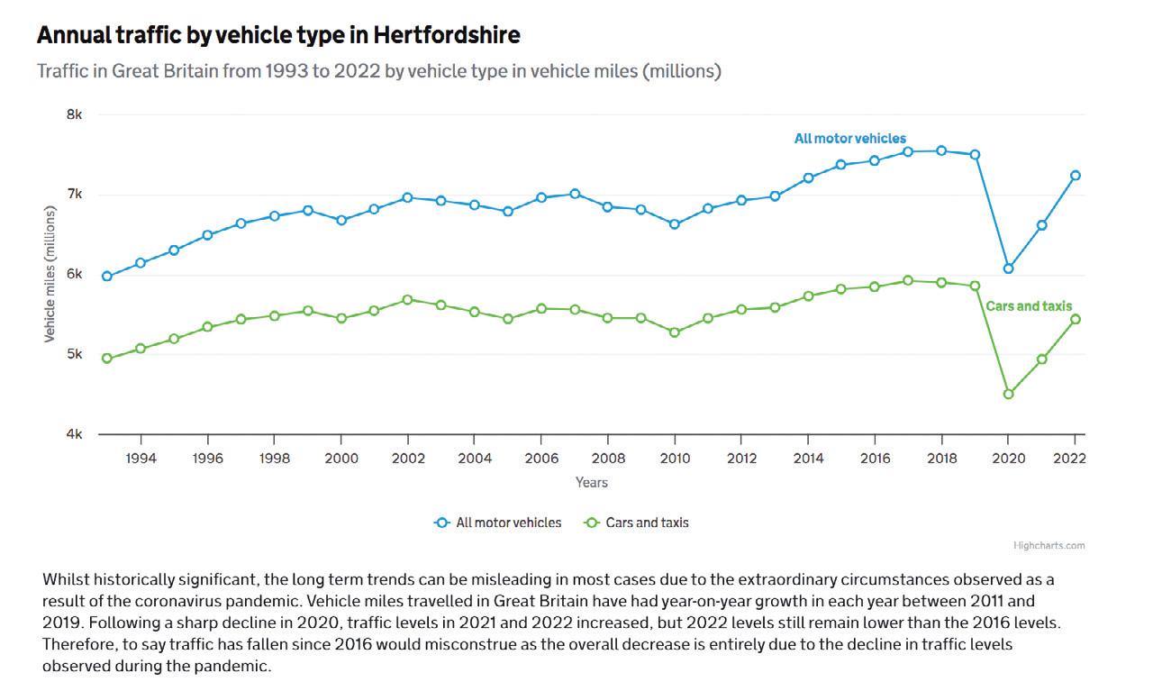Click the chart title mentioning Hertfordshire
278,36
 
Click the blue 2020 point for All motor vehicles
1009,268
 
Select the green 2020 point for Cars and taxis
1009,394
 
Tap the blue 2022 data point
1076,176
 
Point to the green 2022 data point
1076,319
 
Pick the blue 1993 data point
107,277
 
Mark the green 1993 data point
107,359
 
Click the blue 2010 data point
674,224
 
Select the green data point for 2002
407,299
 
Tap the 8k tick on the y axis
74,115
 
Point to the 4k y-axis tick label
74,434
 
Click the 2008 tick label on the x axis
607,459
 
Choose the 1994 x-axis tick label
141,459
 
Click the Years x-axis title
591,483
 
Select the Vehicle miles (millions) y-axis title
50,274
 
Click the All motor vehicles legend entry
498,523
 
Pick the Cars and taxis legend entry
638,523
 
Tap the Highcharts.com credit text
1049,545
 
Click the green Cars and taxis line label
1029,306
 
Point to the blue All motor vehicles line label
849,139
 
